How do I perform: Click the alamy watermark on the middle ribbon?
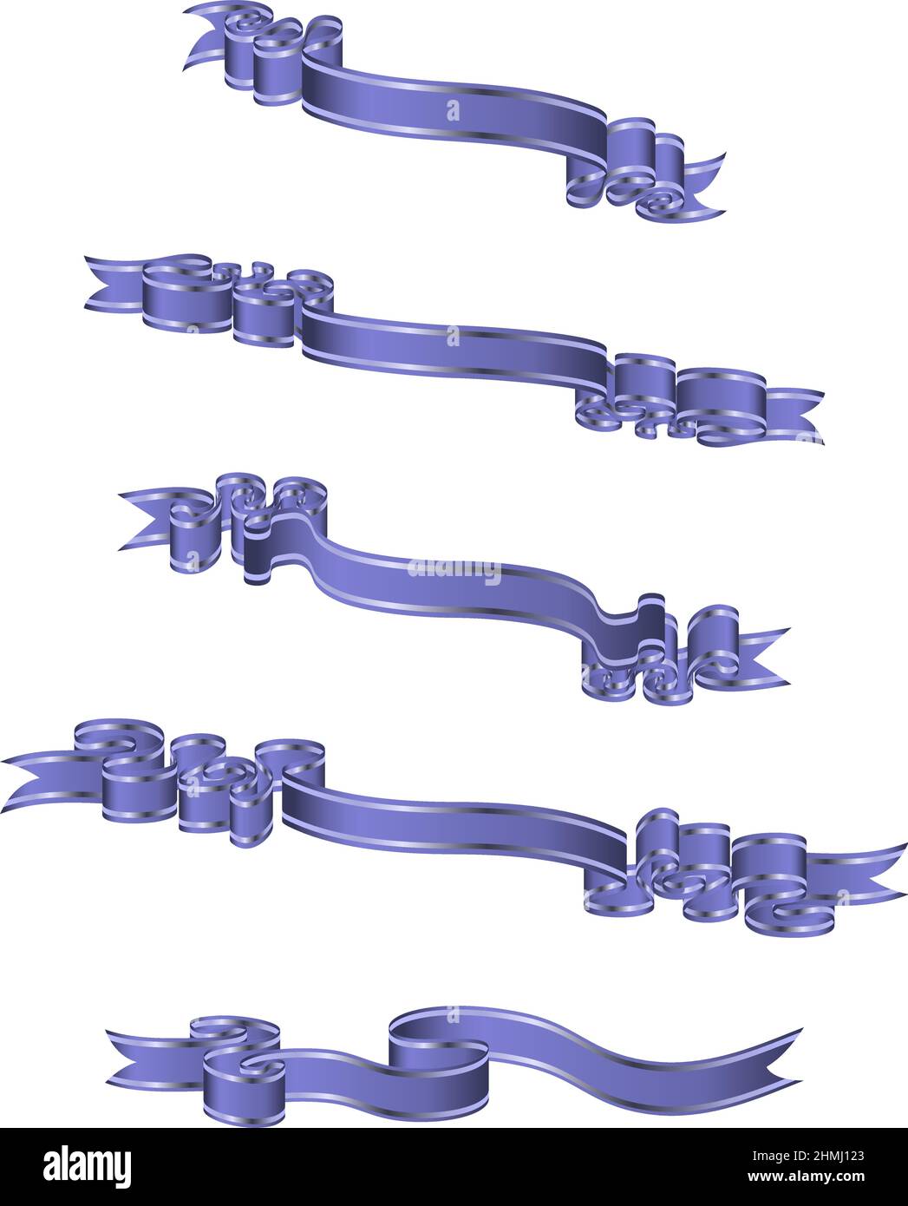point(454,569)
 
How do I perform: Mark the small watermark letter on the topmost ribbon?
point(452,110)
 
